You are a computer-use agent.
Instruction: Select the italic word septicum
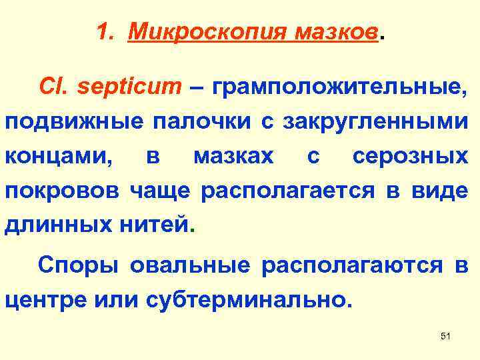131,87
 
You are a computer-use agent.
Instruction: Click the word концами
57,157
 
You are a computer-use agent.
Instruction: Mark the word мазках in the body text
233,157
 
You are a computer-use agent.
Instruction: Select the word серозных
410,157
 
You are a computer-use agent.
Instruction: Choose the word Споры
78,266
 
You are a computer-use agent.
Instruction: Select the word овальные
190,266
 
